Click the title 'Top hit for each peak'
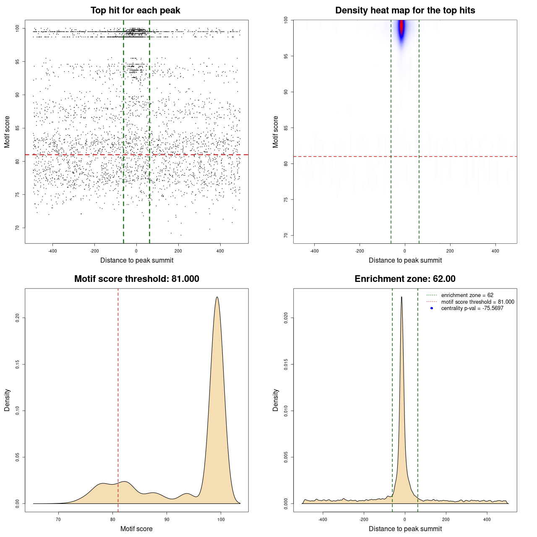tap(136, 10)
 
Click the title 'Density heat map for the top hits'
tap(405, 10)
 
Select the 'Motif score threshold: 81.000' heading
tap(136, 279)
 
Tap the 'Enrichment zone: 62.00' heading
tap(405, 279)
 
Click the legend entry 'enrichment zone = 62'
tap(467, 295)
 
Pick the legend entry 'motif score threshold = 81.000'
tap(477, 302)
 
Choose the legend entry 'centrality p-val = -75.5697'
tap(472, 308)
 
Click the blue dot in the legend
tap(432, 308)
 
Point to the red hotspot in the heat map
tap(401, 27)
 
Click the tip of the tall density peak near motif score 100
tap(217, 297)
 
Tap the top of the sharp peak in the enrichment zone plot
tap(401, 297)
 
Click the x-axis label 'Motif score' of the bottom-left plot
tap(136, 529)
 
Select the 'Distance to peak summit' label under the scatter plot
tap(137, 261)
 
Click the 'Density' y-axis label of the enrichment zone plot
tap(276, 400)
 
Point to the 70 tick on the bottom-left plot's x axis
tap(58, 519)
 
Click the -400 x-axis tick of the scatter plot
tap(52, 251)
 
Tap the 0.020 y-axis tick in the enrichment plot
tap(286, 318)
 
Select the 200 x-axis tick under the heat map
tap(450, 251)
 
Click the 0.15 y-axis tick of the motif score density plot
tap(18, 364)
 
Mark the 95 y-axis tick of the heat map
tap(286, 56)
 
